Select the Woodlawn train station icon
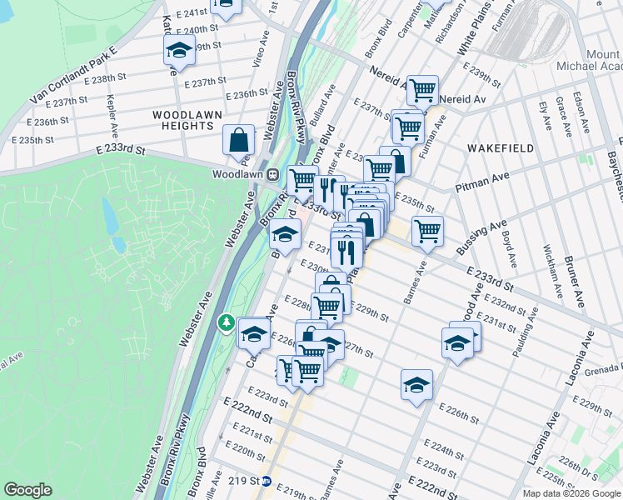(x=272, y=175)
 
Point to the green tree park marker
(x=225, y=322)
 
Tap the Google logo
(x=28, y=490)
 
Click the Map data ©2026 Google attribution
(x=571, y=493)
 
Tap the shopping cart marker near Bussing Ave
(x=427, y=230)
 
